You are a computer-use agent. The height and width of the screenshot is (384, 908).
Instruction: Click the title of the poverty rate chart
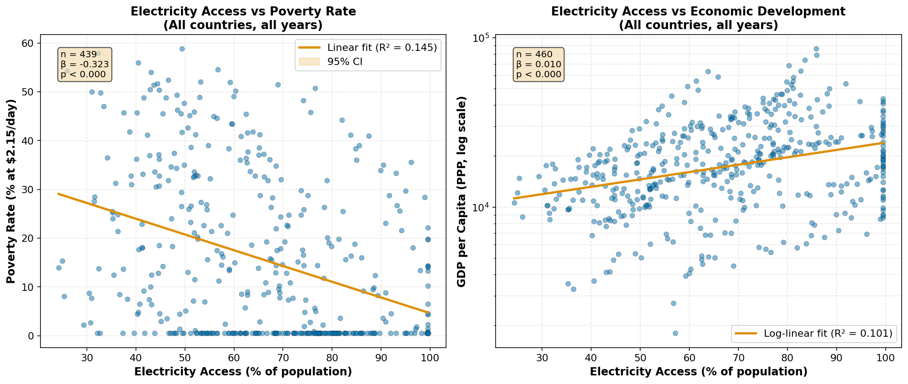[x=243, y=18]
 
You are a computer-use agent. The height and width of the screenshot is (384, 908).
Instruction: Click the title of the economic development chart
[x=698, y=18]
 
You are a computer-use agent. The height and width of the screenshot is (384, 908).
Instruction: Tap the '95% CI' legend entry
[x=345, y=62]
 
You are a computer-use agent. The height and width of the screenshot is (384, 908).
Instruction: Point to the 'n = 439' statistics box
[x=85, y=65]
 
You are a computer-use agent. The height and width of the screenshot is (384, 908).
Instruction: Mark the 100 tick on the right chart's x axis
[x=886, y=357]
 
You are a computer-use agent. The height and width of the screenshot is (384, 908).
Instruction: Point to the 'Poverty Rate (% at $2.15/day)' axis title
[x=11, y=191]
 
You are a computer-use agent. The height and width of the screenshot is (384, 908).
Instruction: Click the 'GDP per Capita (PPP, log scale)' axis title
[x=462, y=191]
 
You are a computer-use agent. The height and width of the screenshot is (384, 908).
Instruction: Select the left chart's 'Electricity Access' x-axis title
[x=243, y=372]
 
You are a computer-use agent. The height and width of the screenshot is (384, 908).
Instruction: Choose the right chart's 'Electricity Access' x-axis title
[x=698, y=372]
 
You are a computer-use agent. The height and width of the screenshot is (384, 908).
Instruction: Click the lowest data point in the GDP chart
[x=675, y=333]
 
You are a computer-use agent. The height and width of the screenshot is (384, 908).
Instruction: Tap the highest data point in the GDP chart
[x=816, y=49]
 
